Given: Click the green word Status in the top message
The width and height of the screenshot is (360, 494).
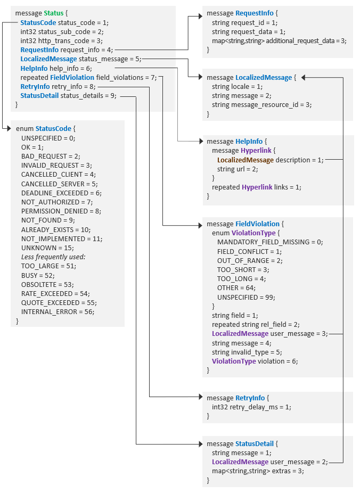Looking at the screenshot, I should tap(54, 13).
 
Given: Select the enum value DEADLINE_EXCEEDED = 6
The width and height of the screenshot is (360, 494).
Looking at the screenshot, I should tap(61, 193).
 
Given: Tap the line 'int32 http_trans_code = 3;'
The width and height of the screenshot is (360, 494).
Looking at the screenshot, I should tap(61, 40).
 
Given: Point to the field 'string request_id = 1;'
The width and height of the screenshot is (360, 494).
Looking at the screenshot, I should tap(244, 22).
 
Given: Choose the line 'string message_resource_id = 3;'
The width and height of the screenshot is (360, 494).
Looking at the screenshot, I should tap(261, 104).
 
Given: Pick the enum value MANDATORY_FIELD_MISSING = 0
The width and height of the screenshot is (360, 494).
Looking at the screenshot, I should tap(270, 242).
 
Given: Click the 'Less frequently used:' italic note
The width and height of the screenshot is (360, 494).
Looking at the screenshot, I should tap(53, 257).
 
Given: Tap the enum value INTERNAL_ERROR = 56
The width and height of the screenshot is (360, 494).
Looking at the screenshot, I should tap(58, 311).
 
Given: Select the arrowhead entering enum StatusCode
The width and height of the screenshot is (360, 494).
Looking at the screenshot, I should tap(7, 129).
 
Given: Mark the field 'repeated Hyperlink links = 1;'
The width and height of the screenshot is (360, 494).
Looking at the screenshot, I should tap(256, 187).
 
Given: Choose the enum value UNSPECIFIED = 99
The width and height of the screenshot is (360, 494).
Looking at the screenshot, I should tap(246, 297).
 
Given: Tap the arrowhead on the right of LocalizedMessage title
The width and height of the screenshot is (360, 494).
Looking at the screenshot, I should tap(304, 78).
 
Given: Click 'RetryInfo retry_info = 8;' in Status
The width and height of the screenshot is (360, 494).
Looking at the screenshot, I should tap(58, 86).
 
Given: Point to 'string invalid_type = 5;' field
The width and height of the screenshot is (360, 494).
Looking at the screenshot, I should tap(247, 352).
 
